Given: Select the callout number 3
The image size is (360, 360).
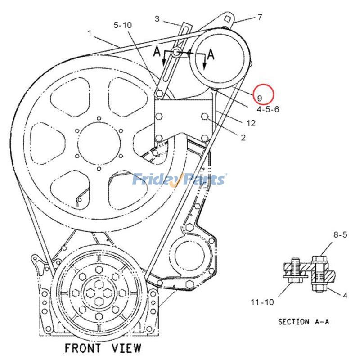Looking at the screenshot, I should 157,19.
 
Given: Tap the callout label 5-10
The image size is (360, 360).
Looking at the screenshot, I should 122,26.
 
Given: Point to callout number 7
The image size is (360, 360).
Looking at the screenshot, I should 260,18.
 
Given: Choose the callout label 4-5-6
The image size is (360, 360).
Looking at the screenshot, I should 268,109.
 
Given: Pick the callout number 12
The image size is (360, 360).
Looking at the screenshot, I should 251,122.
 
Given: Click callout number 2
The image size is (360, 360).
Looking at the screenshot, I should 243,138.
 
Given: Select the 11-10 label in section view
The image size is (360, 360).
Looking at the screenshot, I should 262,302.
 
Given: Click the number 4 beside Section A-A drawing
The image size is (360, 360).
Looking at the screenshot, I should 345,296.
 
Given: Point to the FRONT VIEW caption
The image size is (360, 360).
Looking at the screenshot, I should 103,348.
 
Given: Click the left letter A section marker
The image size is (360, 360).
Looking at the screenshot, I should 157,52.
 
